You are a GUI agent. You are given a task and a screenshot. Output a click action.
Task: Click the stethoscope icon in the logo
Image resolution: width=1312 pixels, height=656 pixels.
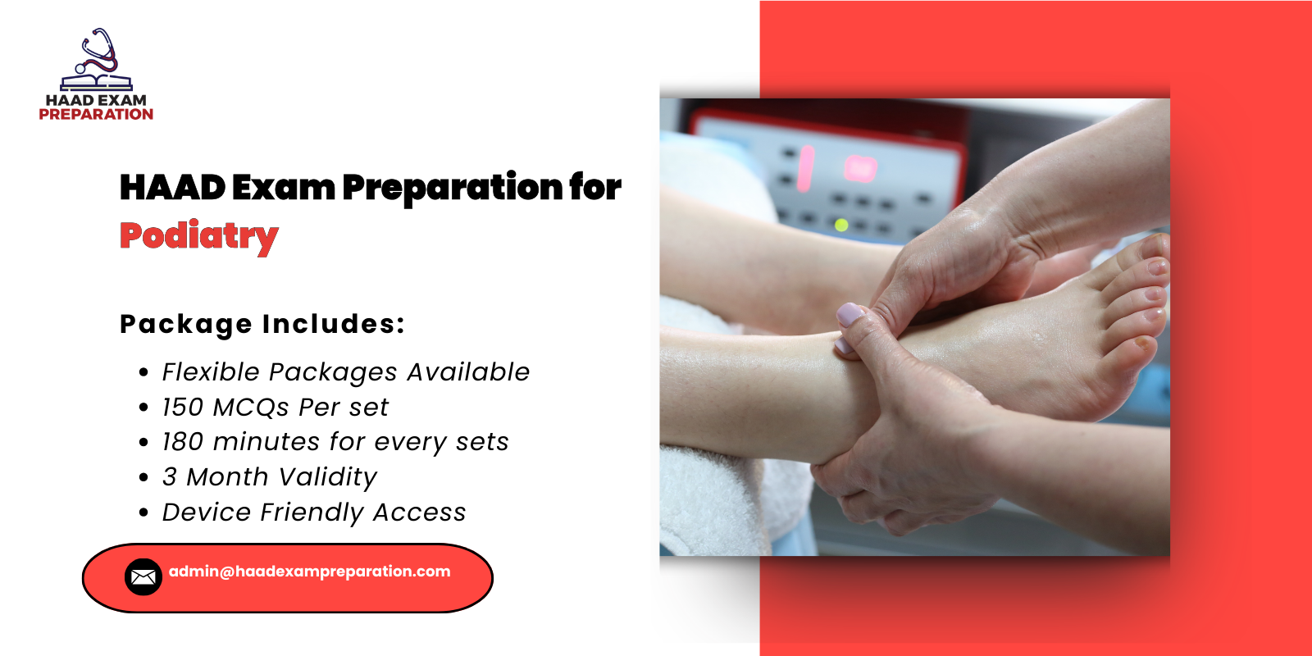98,53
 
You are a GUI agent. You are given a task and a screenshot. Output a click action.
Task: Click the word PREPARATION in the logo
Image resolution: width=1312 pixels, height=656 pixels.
96,115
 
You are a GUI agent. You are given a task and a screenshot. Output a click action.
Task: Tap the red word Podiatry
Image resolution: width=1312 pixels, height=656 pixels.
198,236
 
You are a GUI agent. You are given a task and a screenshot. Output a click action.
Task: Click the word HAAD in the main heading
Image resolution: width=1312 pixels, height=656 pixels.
172,188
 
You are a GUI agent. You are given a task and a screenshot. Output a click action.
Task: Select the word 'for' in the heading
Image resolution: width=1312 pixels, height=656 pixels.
595,187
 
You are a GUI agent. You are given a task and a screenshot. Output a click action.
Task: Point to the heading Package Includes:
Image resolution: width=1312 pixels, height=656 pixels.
262,324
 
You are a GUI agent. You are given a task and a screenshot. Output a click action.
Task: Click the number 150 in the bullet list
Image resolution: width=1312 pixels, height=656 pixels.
182,408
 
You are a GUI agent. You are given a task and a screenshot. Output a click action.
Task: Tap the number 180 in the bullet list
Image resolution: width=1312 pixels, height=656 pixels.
182,442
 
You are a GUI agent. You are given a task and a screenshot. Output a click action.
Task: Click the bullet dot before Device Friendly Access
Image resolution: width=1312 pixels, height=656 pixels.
144,513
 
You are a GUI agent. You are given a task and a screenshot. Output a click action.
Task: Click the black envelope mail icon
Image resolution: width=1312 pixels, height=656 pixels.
143,577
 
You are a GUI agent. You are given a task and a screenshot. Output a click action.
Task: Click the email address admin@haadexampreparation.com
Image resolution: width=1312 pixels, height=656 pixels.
309,572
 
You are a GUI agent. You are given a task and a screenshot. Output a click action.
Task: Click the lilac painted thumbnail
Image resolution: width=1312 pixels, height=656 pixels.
850,314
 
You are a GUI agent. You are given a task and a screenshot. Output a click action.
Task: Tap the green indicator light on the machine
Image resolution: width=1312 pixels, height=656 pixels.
840,224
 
